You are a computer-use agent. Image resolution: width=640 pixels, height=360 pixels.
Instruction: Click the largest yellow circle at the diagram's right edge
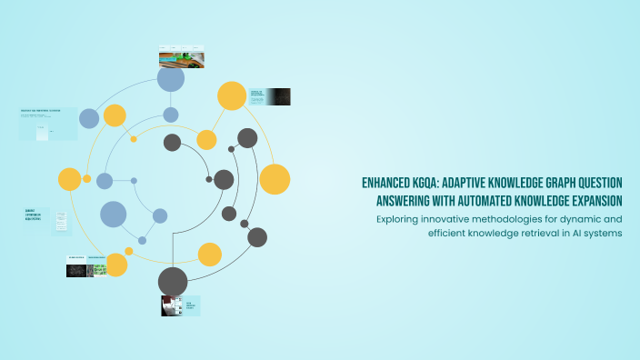[x=275, y=179]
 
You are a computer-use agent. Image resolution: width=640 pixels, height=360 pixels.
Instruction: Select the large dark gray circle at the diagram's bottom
[x=173, y=281]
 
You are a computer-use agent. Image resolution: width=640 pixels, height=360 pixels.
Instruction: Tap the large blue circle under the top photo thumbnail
[x=171, y=79]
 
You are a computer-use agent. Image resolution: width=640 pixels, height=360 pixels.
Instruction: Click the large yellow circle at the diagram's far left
[x=70, y=179]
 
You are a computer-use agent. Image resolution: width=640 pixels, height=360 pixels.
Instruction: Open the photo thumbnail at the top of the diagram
[x=181, y=56]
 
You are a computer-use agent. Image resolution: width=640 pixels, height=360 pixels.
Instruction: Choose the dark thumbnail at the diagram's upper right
[x=278, y=96]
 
